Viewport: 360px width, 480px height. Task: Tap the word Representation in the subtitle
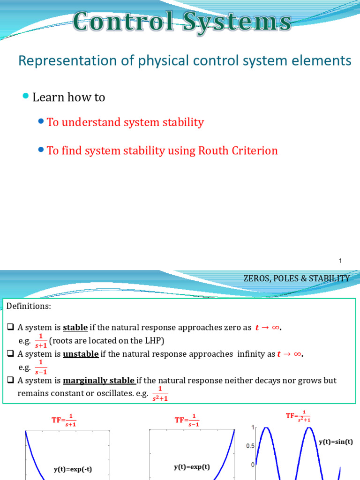(65, 60)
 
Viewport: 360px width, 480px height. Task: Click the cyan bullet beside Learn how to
(25, 96)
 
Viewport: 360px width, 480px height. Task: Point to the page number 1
(340, 261)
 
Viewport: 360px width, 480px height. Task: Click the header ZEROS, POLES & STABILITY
(296, 278)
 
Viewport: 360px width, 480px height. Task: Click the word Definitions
(29, 306)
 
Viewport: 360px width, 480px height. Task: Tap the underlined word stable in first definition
(75, 328)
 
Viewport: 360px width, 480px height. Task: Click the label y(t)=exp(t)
(192, 467)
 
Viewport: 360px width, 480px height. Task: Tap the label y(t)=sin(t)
(336, 442)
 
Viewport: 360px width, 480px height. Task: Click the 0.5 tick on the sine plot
(250, 446)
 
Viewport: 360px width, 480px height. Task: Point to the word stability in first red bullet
(181, 122)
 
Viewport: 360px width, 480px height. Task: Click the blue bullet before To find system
(41, 150)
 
